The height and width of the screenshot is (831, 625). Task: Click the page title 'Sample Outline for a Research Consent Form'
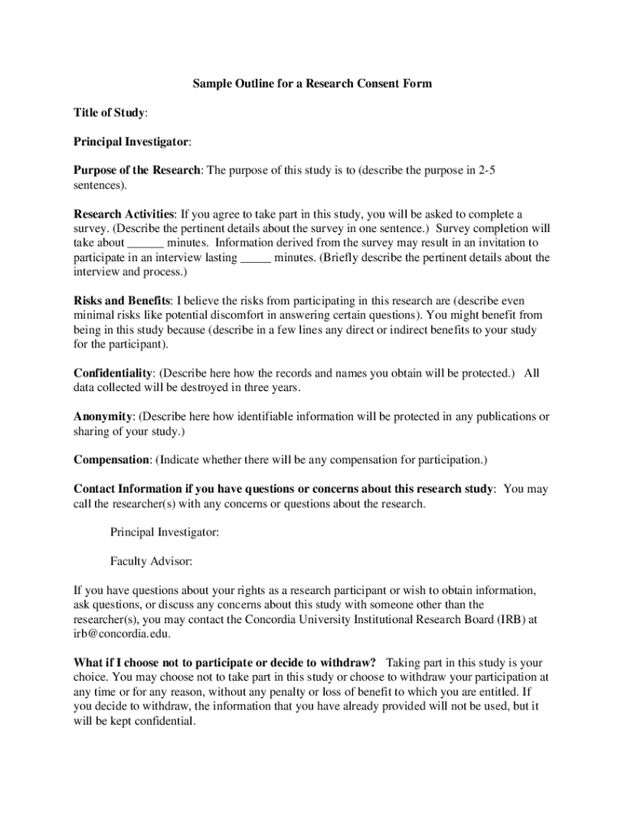click(x=312, y=84)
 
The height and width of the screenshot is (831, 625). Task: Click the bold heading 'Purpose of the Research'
click(x=137, y=170)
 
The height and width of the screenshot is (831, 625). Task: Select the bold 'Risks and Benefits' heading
click(x=122, y=300)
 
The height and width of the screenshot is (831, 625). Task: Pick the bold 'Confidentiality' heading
click(x=113, y=373)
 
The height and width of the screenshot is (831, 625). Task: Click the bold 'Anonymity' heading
click(x=103, y=417)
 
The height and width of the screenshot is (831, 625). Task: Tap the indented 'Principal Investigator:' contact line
click(x=164, y=532)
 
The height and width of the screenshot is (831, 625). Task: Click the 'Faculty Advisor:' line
click(x=151, y=561)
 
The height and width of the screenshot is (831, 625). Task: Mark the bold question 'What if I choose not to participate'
click(x=224, y=662)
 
